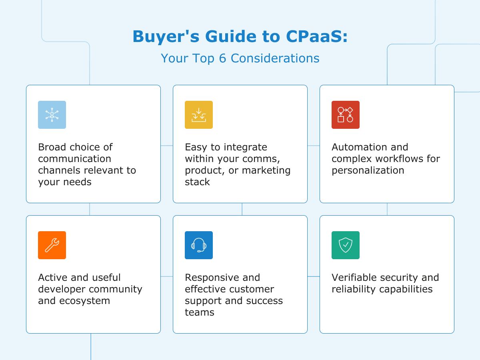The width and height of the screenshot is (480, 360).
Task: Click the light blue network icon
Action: point(52,115)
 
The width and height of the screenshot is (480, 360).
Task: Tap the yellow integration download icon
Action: point(199,115)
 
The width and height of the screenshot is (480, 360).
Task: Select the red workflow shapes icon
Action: point(346,115)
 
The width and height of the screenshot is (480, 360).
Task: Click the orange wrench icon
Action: point(52,245)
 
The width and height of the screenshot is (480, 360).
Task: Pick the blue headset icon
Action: point(199,245)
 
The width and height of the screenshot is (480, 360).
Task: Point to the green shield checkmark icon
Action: point(346,245)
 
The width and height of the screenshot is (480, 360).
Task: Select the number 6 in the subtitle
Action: point(222,58)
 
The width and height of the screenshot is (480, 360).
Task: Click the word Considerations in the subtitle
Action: point(275,58)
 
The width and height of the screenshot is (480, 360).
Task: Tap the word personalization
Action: point(368,170)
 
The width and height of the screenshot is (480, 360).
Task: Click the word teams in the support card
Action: point(199,312)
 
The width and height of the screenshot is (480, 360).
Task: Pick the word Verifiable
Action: point(354,278)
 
